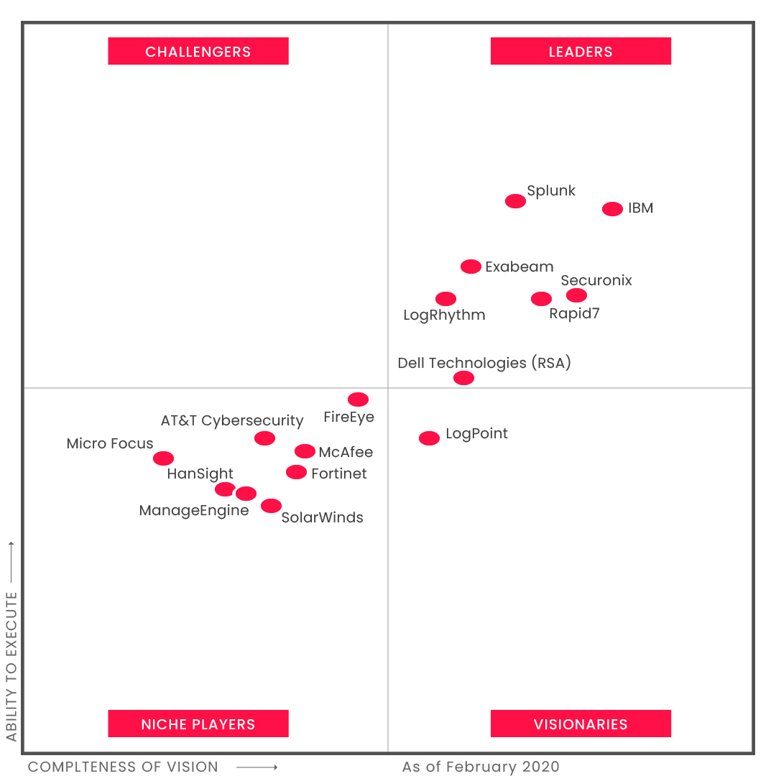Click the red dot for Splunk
coord(515,201)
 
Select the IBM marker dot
coord(612,209)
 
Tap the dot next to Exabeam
coord(471,267)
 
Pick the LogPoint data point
coord(429,438)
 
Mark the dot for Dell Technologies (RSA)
coord(464,378)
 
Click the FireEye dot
coord(358,399)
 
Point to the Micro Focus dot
coord(163,458)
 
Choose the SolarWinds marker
coord(271,506)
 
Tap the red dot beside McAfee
coord(305,451)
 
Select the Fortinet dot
coord(296,472)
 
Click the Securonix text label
coord(596,281)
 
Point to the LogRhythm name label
coord(444,315)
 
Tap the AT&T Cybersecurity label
coord(232,420)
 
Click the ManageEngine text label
coord(194,511)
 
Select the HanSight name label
coord(200,474)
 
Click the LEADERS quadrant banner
coord(581,52)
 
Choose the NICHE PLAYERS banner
coord(198,724)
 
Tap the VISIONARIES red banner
coord(581,724)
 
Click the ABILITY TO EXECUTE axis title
coord(11,666)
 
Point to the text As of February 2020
coord(481,767)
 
